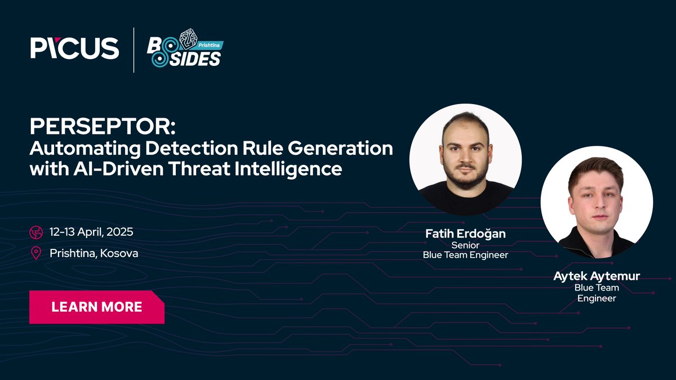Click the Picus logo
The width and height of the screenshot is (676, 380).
click(75, 48)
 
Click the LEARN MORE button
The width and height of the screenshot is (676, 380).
click(96, 307)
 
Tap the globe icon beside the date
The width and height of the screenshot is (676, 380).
click(37, 232)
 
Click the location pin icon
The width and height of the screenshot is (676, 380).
click(37, 253)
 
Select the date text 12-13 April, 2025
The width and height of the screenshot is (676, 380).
click(91, 232)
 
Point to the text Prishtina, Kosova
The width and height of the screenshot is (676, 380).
click(94, 253)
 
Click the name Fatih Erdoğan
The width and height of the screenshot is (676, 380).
click(465, 233)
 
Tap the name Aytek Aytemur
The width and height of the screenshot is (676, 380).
click(597, 276)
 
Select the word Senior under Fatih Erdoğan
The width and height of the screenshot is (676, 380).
click(465, 245)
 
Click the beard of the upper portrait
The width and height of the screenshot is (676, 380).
click(465, 177)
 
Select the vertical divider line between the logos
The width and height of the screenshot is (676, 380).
click(134, 50)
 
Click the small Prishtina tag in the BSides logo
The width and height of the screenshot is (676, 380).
click(209, 44)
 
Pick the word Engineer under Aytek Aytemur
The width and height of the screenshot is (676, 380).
click(597, 298)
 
